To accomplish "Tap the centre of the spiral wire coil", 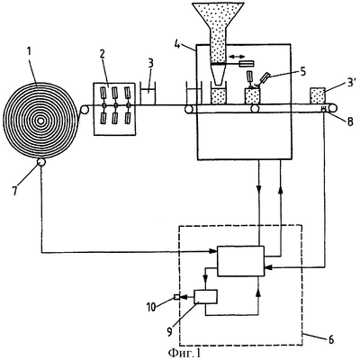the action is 40,121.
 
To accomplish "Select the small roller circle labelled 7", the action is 41,162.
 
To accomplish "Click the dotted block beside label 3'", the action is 318,95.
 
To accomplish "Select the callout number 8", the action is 350,121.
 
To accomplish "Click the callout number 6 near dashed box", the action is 329,339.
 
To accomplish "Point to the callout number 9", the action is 170,331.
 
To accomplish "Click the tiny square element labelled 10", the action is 176,297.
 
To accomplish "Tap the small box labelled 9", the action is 206,297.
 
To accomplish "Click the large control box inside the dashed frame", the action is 240,261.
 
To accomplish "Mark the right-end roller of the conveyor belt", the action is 332,108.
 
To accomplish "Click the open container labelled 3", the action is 148,94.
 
